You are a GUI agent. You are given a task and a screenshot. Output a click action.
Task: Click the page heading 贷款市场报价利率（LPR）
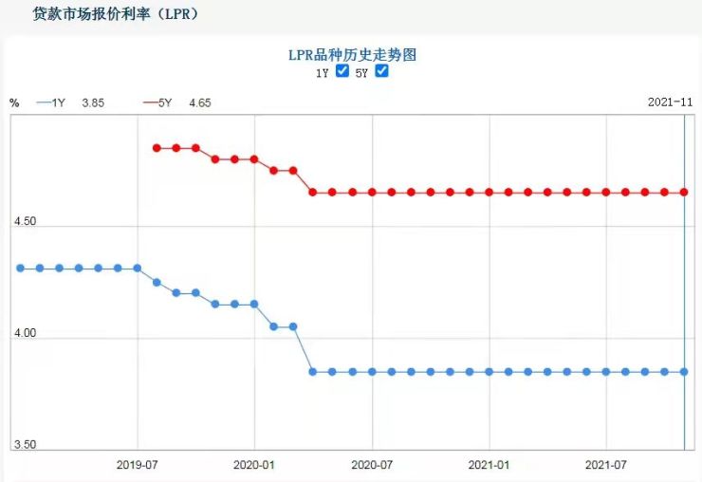[x=115, y=14]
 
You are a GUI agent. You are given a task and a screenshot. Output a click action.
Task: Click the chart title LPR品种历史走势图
[x=352, y=55]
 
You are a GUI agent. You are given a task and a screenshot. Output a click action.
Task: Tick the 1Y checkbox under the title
[x=343, y=71]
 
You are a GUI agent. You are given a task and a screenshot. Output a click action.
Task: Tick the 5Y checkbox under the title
[x=382, y=71]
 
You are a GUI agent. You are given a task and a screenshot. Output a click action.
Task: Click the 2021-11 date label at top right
[x=670, y=102]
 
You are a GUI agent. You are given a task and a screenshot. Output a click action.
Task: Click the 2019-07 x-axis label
[x=137, y=465]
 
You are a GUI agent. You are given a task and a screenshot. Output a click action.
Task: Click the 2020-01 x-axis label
[x=254, y=465]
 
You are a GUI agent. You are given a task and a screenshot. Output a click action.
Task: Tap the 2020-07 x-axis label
[x=372, y=465]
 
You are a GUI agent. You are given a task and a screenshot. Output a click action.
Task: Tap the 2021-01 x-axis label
[x=490, y=465]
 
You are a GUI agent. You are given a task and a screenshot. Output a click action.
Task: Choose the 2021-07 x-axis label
[x=607, y=465]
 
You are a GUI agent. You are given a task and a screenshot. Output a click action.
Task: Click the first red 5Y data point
[x=157, y=148]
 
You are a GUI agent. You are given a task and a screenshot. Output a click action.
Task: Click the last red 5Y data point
[x=684, y=192]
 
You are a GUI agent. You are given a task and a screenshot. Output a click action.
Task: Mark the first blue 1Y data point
[x=20, y=268]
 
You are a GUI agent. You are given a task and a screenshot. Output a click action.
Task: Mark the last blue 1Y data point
[x=684, y=371]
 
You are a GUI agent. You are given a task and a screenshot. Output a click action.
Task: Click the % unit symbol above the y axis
[x=14, y=102]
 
